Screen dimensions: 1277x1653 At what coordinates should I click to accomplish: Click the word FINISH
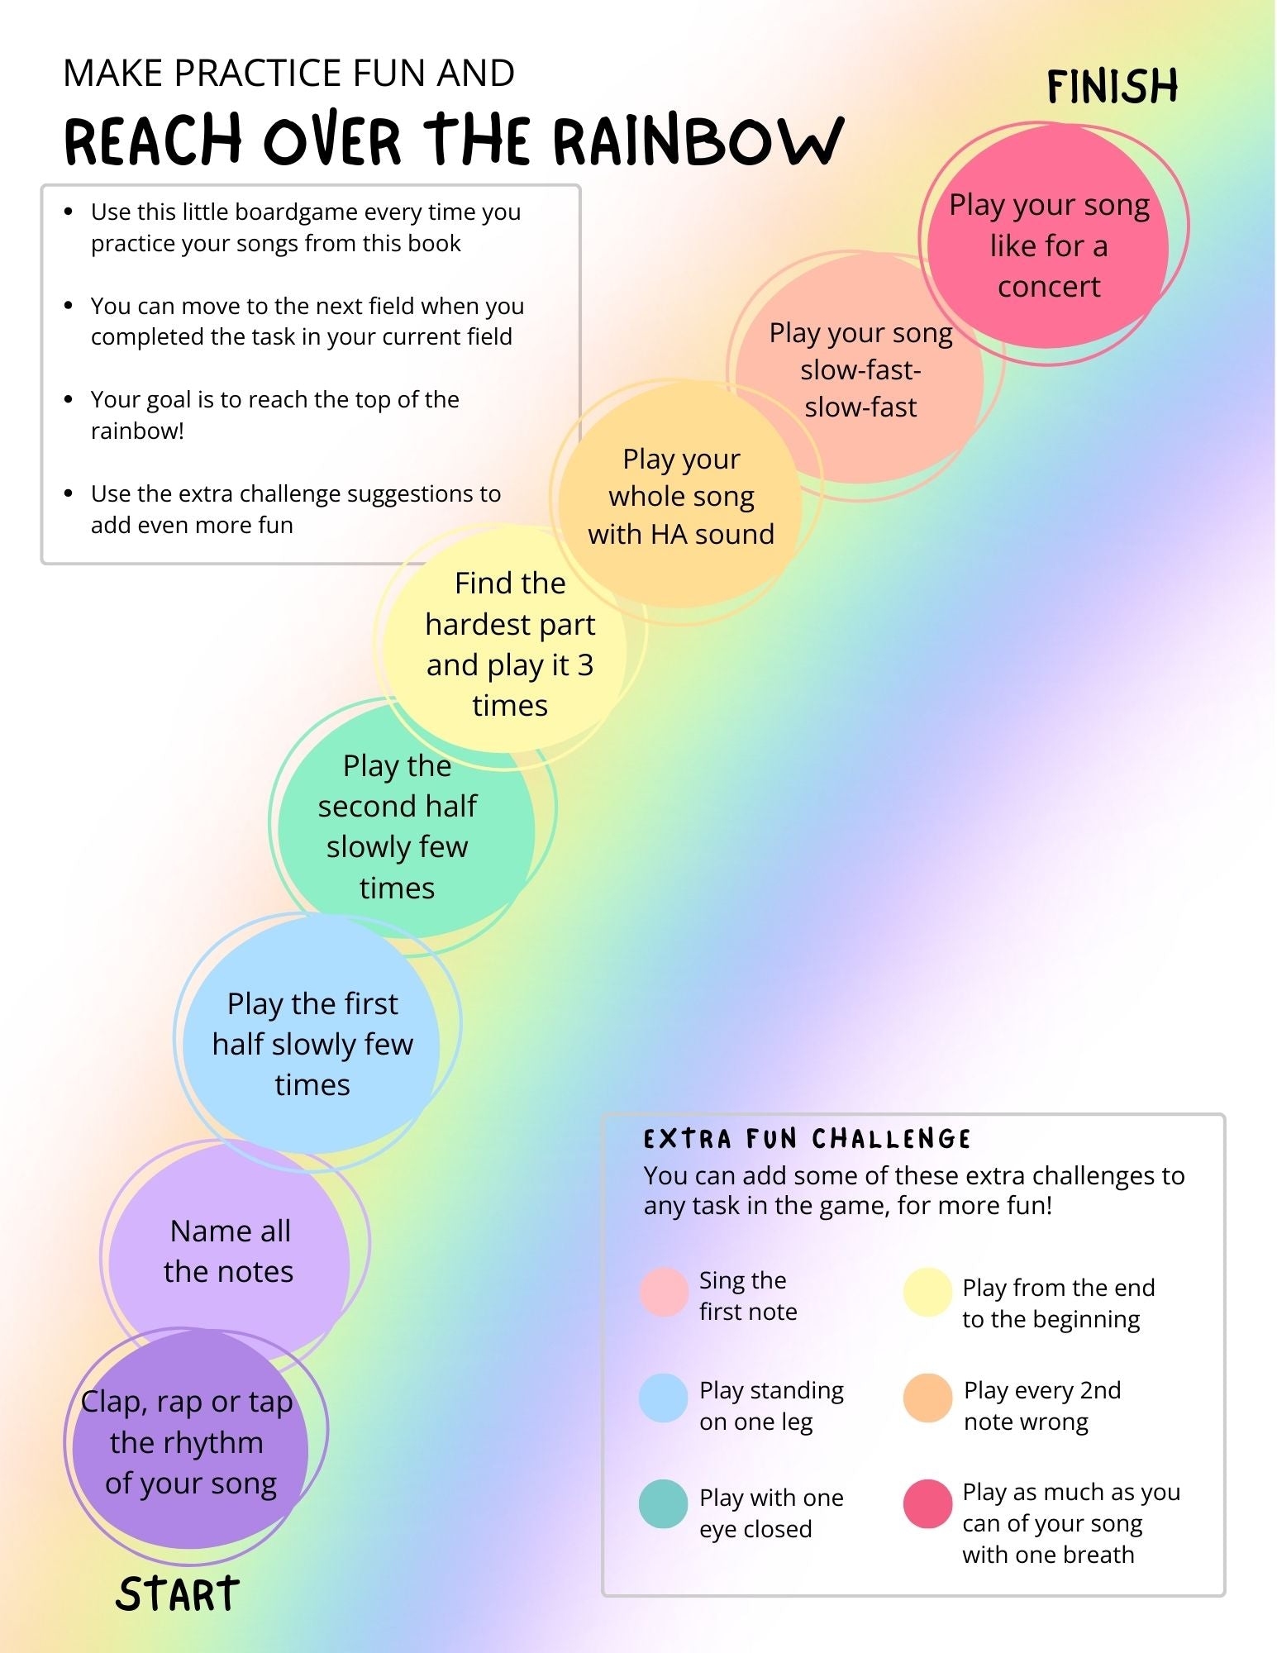click(x=1112, y=87)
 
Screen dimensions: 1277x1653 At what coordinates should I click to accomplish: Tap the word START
click(x=178, y=1594)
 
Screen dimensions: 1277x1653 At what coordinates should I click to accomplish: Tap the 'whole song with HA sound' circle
click(x=683, y=497)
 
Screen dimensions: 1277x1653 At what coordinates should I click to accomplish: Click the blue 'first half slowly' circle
click(x=313, y=1040)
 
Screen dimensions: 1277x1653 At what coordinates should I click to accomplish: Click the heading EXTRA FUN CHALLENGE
click(x=807, y=1139)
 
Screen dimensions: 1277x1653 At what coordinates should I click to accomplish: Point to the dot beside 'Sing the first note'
click(x=664, y=1292)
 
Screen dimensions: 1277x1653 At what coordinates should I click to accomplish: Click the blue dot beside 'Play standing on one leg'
click(x=664, y=1398)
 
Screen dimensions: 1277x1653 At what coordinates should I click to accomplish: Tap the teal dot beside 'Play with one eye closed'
click(x=664, y=1504)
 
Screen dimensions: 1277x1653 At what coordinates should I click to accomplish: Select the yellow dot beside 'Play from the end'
click(x=927, y=1292)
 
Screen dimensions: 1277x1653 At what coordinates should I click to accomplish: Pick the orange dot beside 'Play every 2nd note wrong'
click(x=927, y=1398)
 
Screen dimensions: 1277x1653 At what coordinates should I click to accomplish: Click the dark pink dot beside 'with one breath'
click(x=927, y=1504)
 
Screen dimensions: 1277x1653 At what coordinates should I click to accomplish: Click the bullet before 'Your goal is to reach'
click(x=69, y=400)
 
